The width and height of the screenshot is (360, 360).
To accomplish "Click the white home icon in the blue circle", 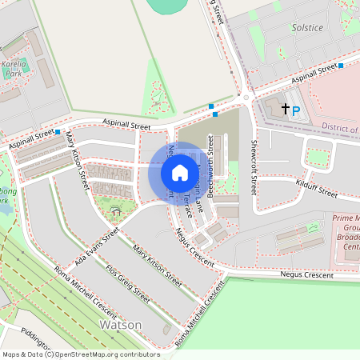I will [x=180, y=173].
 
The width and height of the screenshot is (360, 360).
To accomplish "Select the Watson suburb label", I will [x=120, y=325].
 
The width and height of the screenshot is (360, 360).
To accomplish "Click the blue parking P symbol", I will [x=295, y=112].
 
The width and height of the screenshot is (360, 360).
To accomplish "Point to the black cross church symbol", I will [x=285, y=106].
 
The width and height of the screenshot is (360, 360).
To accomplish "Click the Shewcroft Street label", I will [x=254, y=168].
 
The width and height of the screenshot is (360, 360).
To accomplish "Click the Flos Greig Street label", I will [x=128, y=285].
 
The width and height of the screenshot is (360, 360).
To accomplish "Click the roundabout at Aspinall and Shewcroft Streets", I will [x=246, y=98].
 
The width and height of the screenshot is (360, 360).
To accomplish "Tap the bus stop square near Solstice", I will [x=341, y=66].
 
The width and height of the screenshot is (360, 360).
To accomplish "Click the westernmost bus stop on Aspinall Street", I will [x=58, y=132].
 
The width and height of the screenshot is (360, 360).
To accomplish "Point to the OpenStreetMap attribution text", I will [x=80, y=354].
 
